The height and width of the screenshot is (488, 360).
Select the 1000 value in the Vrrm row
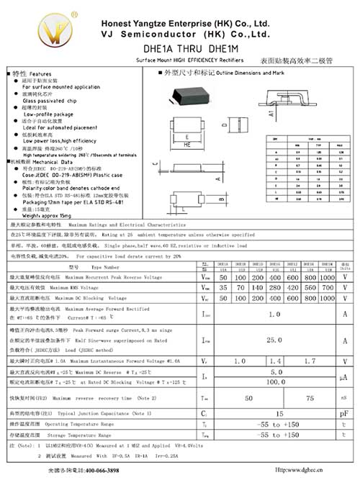327,277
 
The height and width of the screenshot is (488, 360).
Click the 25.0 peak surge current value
274,339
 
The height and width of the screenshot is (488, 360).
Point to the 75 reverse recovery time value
310,397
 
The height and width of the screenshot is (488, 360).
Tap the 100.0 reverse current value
274,382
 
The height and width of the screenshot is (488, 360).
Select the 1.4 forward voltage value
274,361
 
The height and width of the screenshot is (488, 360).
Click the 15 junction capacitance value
279,414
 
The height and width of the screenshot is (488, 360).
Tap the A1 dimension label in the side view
271,113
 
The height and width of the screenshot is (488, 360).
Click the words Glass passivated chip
52,101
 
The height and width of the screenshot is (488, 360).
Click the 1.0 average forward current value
274,314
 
